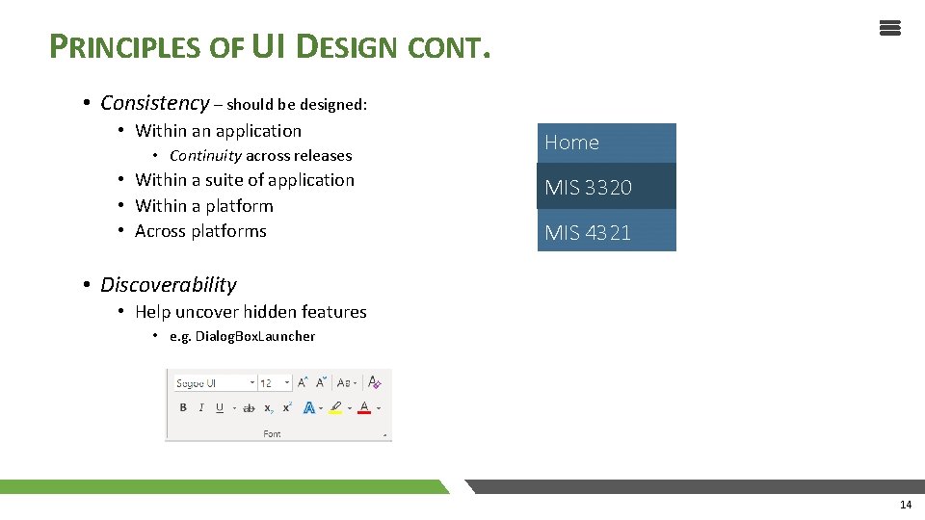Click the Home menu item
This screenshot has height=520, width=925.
point(606,143)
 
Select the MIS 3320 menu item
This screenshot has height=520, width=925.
point(606,187)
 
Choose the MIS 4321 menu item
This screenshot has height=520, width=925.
point(606,232)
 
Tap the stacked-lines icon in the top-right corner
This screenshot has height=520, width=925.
point(889,28)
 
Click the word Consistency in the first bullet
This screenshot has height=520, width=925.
point(154,103)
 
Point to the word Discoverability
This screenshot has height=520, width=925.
point(168,285)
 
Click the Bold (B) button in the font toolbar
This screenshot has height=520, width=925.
point(183,408)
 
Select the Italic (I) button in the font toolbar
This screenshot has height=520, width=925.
point(201,408)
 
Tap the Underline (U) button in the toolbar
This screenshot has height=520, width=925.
point(220,408)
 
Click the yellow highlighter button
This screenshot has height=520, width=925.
point(335,408)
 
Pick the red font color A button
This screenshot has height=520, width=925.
point(364,408)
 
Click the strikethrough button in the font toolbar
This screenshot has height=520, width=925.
point(249,408)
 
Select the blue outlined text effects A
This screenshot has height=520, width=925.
point(308,408)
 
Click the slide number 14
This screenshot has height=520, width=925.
point(905,505)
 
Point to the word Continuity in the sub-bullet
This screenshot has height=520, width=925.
point(205,156)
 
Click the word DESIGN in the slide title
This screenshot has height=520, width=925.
point(346,45)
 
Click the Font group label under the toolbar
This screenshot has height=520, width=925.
point(273,434)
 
